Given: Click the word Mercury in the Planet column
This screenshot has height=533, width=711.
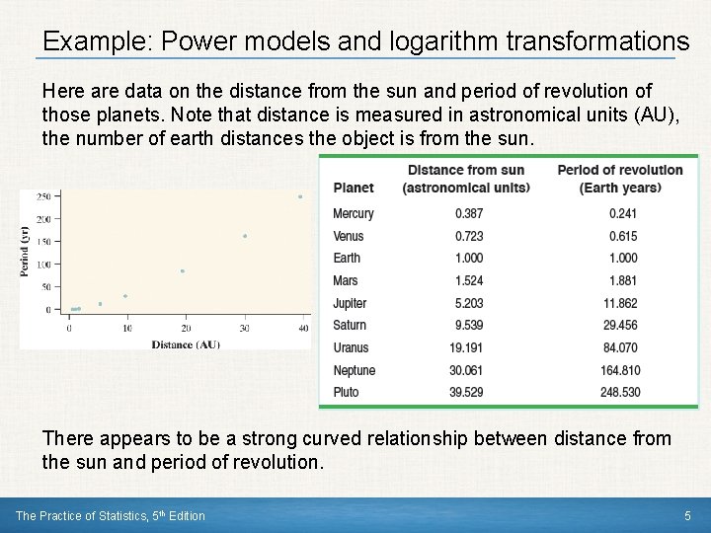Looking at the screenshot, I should [x=353, y=214].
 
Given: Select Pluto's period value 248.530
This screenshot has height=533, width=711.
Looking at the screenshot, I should [x=619, y=393].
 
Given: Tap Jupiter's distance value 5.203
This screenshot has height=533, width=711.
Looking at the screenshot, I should [x=469, y=304].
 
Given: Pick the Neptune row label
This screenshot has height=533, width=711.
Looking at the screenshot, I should [x=354, y=370].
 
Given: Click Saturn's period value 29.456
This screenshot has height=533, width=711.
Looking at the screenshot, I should [x=620, y=326].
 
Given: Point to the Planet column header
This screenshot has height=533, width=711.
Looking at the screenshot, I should [x=354, y=188].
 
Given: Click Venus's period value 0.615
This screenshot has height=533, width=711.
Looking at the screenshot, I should [x=622, y=237].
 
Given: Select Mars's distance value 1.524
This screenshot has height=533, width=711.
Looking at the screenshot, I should [x=469, y=281].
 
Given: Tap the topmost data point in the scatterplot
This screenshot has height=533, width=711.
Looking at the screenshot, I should [x=300, y=196].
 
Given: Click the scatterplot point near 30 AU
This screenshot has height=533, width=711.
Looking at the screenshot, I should [x=245, y=236].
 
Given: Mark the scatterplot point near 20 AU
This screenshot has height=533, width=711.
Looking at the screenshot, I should [x=182, y=271].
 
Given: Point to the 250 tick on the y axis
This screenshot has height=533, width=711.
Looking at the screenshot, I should [x=43, y=197].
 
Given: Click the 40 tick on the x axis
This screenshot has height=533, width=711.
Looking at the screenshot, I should [x=303, y=329].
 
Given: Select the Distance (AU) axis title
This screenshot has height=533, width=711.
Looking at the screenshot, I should [x=186, y=344].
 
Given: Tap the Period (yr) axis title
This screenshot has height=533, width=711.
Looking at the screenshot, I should [x=26, y=252].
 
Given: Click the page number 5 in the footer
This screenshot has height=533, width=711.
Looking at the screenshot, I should [x=687, y=515].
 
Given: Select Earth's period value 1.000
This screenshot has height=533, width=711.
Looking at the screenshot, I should [x=622, y=259].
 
